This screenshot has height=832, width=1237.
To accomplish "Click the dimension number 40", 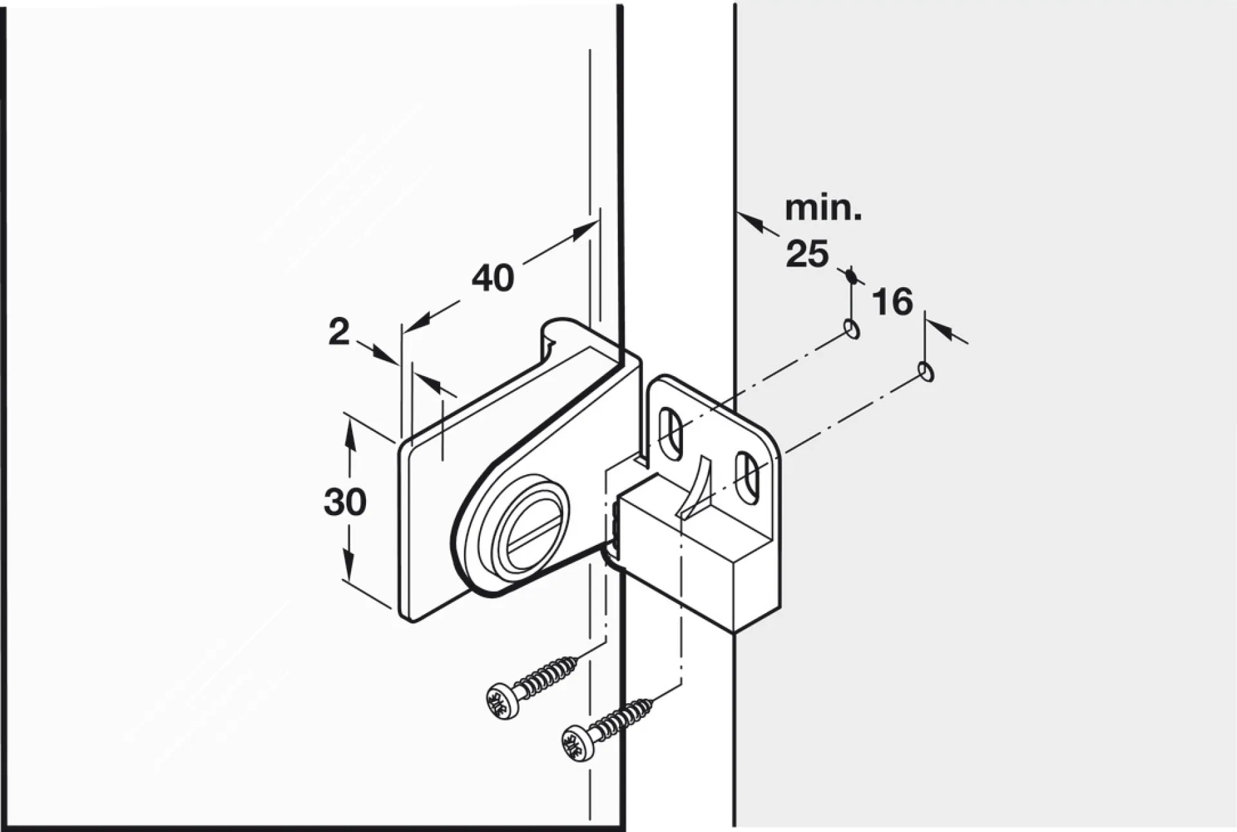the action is click(493, 278).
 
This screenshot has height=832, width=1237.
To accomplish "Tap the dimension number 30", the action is click(345, 502).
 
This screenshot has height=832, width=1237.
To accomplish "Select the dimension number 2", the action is click(339, 332).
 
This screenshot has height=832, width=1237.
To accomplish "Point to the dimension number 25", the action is click(807, 254).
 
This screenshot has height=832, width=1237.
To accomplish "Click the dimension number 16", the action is click(893, 301).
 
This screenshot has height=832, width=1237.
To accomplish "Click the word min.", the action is click(823, 209).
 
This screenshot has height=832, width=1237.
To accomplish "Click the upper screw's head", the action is click(503, 701).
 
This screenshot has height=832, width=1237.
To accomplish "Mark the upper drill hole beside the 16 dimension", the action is click(852, 329).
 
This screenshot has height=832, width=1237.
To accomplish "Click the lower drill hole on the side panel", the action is click(926, 372).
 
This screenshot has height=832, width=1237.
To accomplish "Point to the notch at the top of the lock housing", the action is click(546, 338).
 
